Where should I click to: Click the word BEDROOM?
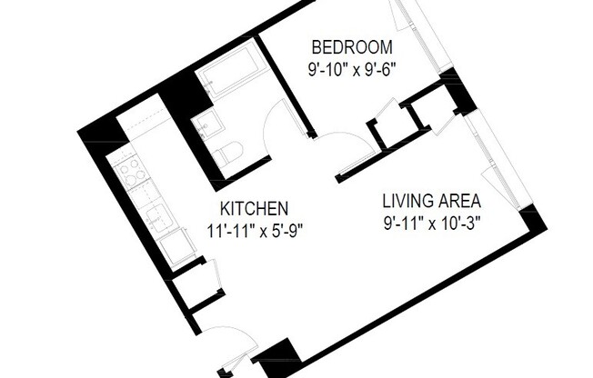pos(352,47)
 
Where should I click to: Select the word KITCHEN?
pos(255,208)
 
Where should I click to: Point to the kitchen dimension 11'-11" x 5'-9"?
pos(255,229)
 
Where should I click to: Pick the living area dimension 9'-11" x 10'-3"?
pos(430,221)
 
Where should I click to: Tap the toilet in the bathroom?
pos(229,152)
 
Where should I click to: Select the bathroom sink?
pos(207,124)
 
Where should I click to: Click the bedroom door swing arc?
pos(344,145)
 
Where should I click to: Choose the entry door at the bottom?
pos(225,341)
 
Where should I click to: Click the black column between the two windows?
pos(457,91)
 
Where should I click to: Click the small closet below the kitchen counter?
pos(194,283)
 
